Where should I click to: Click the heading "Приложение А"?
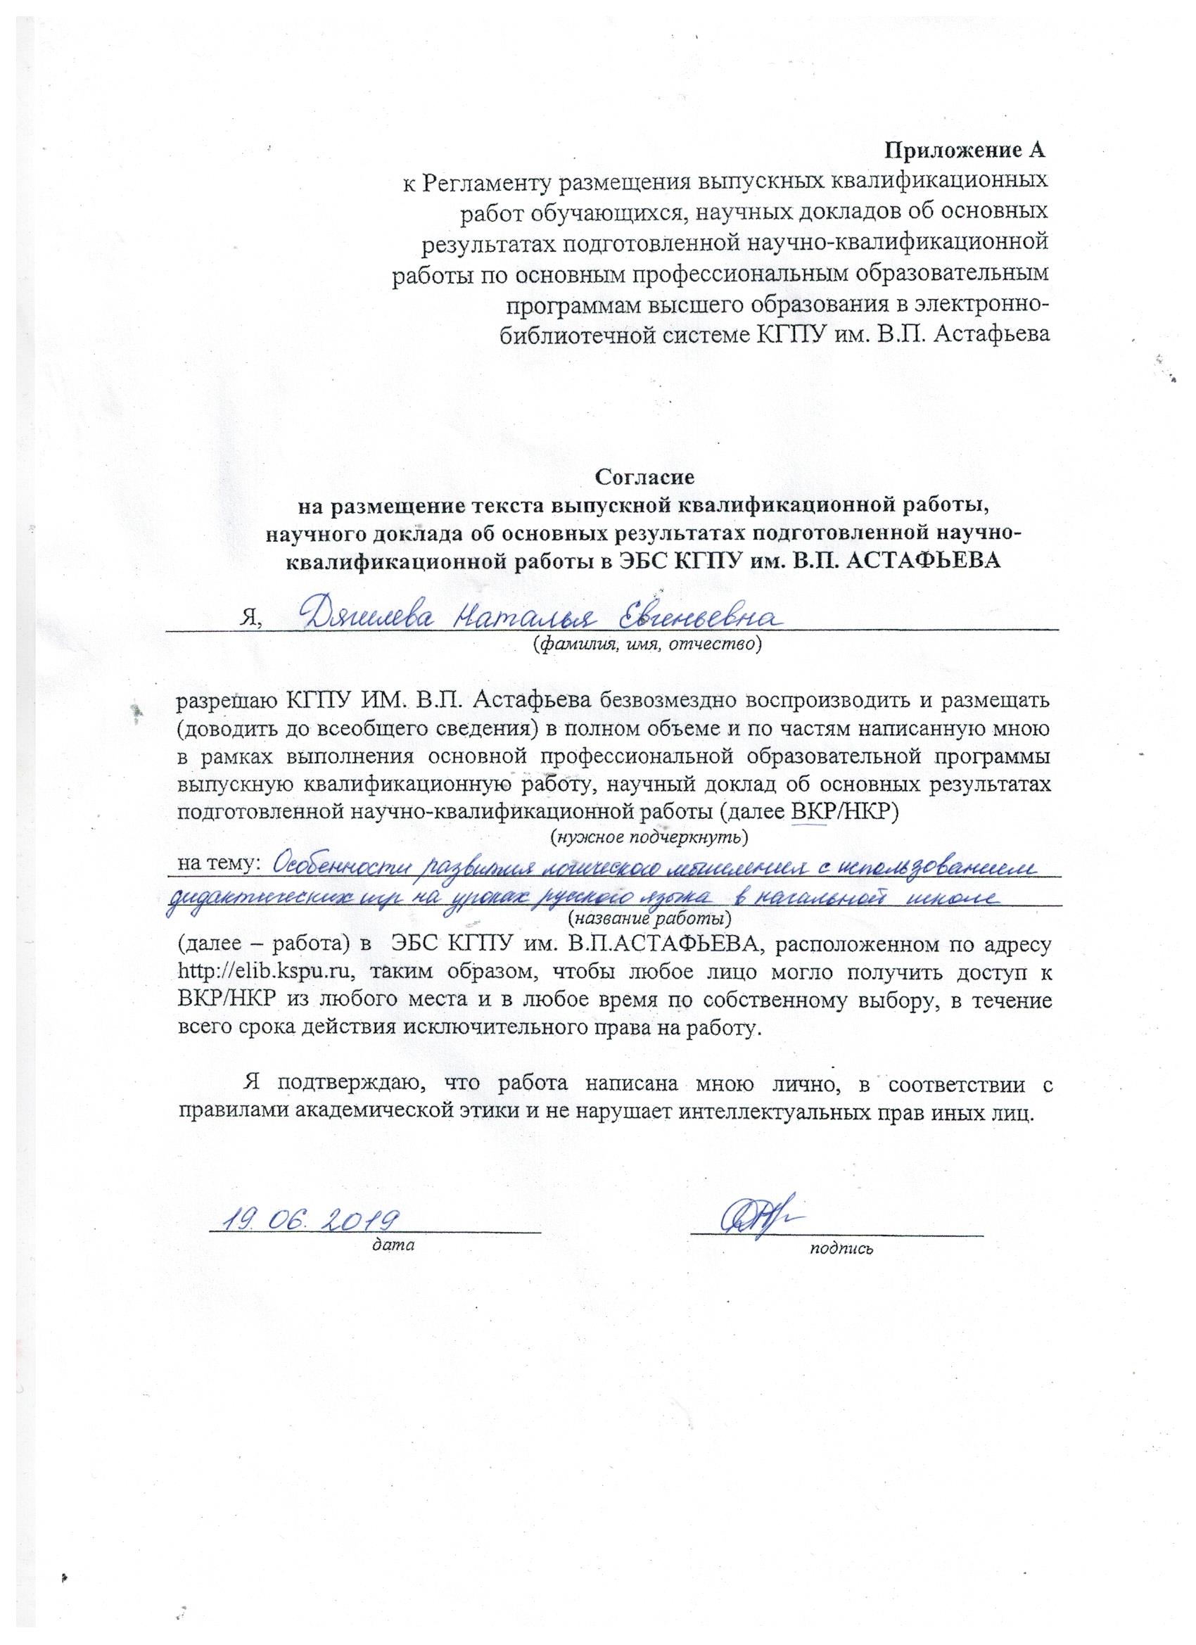point(967,151)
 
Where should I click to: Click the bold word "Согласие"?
point(644,476)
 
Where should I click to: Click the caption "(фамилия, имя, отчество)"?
point(647,644)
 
